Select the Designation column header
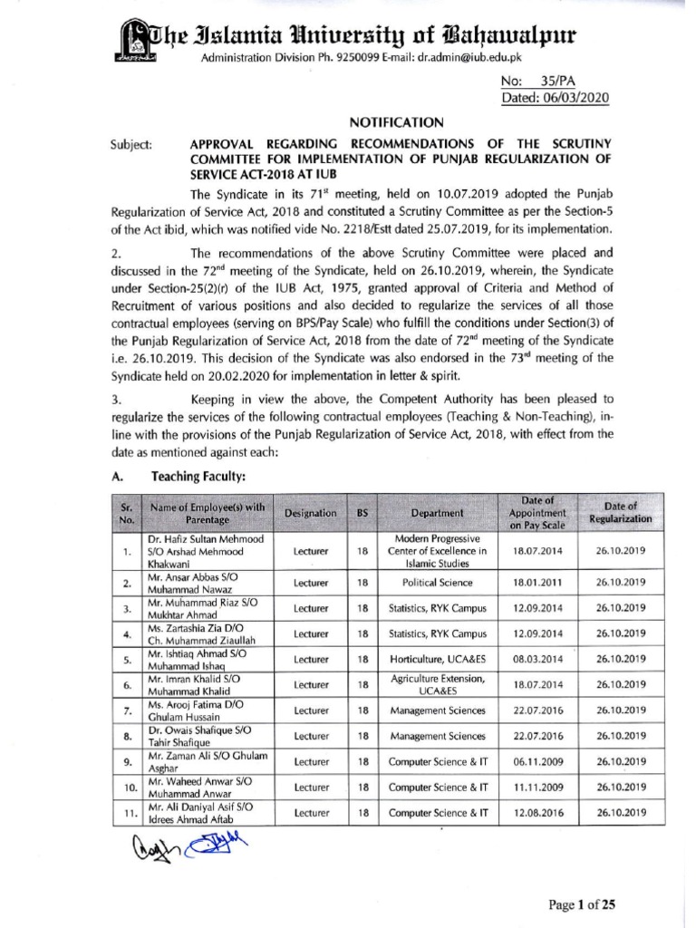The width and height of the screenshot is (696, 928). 310,512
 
